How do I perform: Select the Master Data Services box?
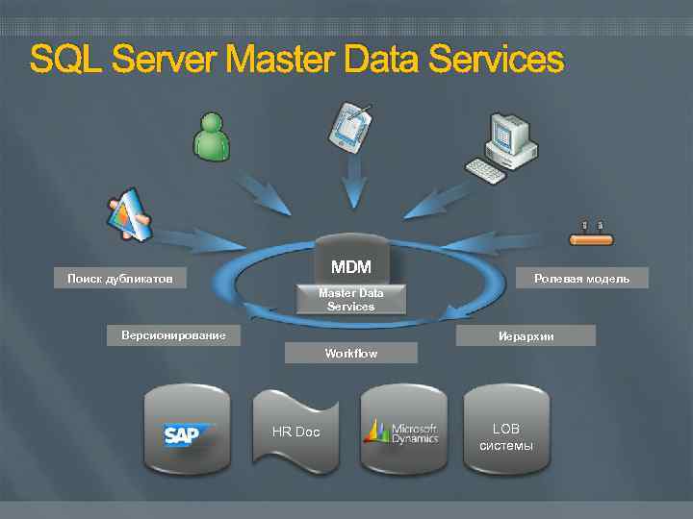(350, 299)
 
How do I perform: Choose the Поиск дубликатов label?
(120, 279)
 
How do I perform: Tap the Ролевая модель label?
(582, 279)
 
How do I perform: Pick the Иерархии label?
(526, 336)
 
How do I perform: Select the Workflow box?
(351, 354)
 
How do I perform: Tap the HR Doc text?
(295, 432)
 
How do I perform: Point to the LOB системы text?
(505, 437)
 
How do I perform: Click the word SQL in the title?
(65, 60)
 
